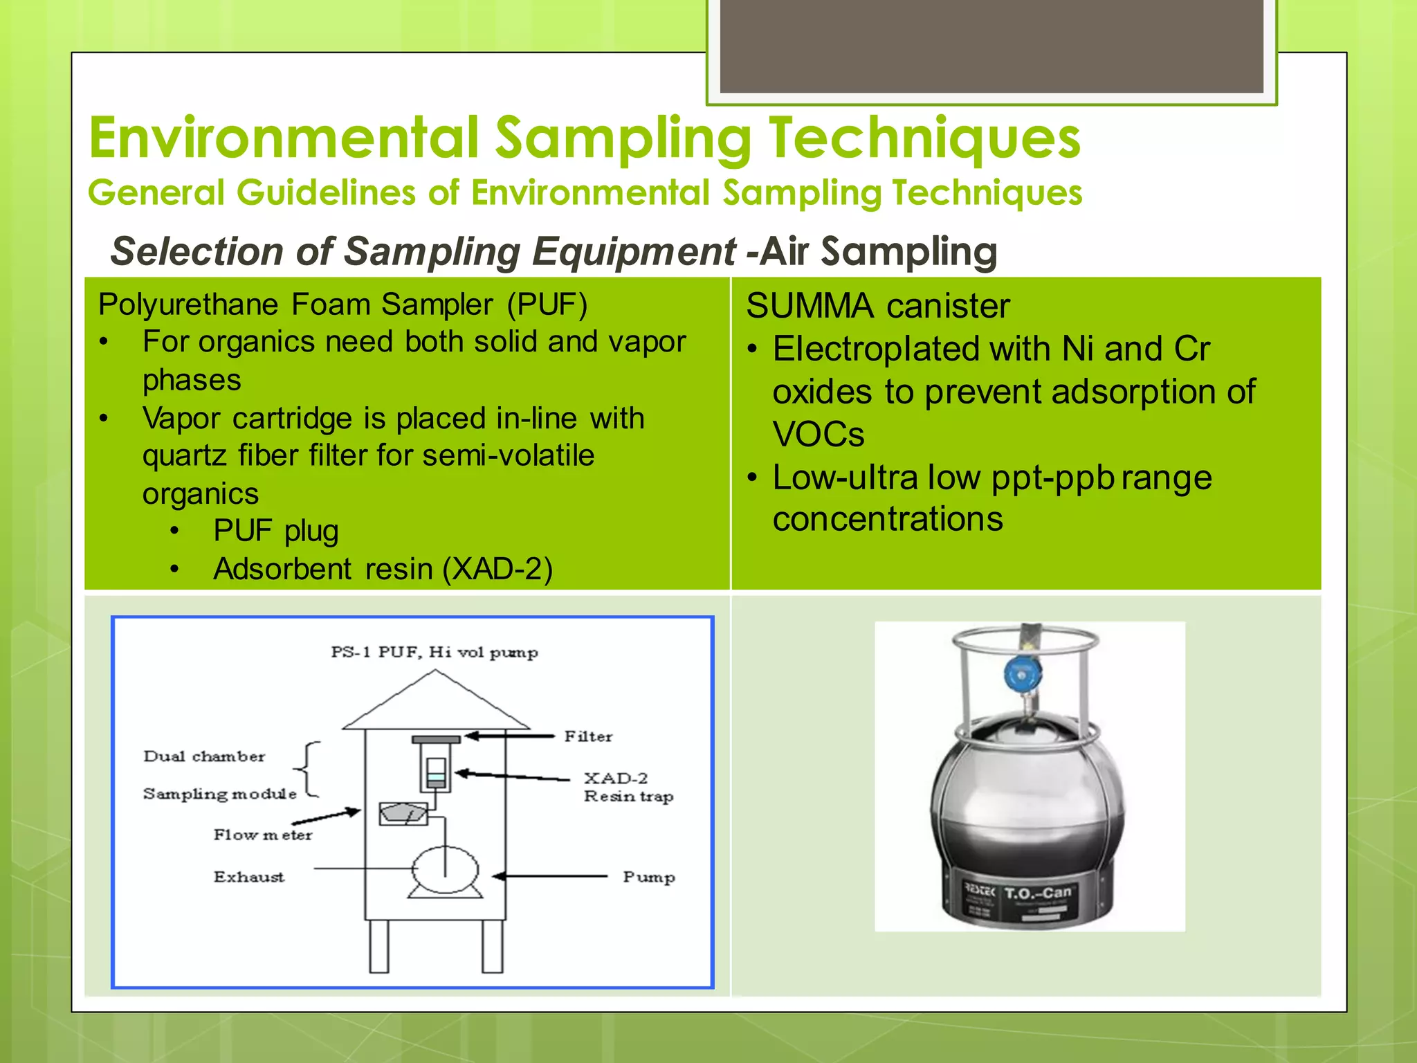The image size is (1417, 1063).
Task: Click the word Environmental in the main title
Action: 284,138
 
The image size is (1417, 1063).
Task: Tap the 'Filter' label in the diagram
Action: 587,736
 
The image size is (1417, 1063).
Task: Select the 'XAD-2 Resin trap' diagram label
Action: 627,787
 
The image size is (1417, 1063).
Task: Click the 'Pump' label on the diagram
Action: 648,877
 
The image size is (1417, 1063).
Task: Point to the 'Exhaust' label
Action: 248,877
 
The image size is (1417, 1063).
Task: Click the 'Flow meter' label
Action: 262,835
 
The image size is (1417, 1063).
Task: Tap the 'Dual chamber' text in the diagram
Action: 204,756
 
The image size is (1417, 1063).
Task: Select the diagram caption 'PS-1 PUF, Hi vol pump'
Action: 434,652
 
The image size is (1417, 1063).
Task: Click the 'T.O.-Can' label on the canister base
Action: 1037,893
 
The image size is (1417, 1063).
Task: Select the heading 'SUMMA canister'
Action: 877,306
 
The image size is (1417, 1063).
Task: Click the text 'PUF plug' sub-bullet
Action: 275,531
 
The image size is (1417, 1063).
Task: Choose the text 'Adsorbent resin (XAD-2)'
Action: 383,569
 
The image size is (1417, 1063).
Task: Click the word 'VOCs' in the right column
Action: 819,435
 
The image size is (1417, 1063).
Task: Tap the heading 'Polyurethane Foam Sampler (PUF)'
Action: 342,305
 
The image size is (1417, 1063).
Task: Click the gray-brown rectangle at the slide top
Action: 991,46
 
